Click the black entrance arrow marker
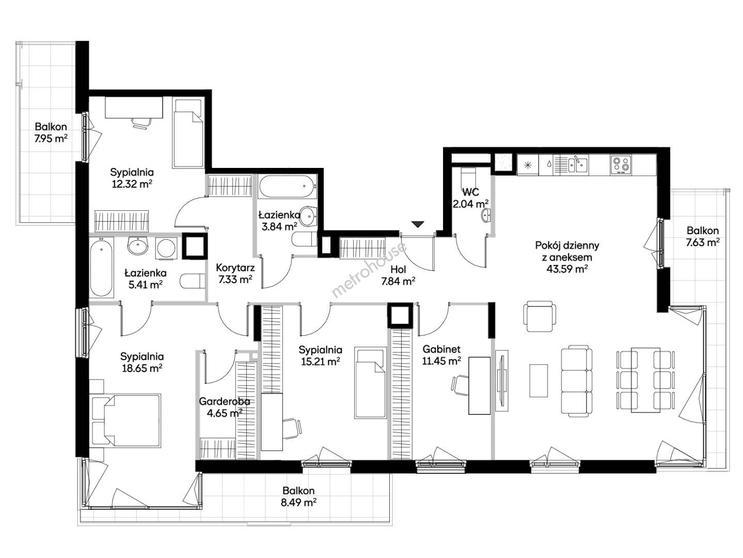tap(418, 224)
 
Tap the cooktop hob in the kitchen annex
tap(621, 164)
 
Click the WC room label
tap(470, 192)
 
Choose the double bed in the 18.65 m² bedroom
tap(126, 420)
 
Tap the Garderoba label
tap(225, 401)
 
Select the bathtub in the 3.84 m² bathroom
tap(287, 187)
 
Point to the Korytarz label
tap(235, 268)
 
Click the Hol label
tap(398, 269)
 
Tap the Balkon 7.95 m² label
tap(51, 133)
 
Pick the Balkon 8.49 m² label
tap(298, 496)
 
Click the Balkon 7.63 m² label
tap(703, 236)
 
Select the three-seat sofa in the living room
tap(577, 381)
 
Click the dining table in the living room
tap(645, 380)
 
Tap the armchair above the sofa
tap(540, 316)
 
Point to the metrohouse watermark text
tap(369, 269)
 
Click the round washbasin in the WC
tap(486, 215)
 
